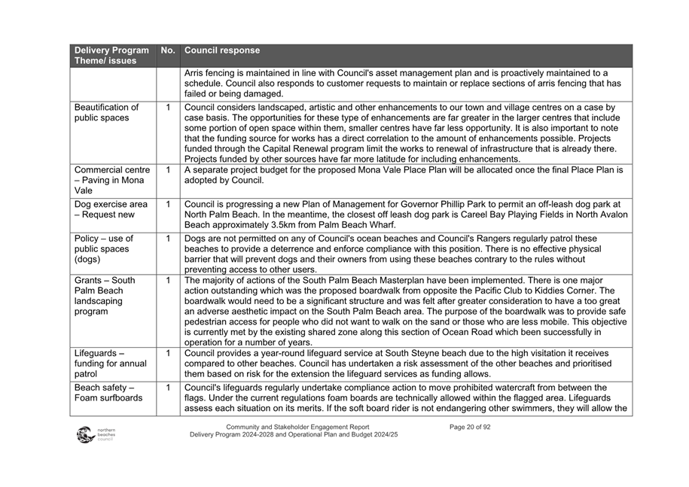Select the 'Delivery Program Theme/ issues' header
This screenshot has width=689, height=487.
coord(111,56)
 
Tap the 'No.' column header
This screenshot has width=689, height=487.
coord(168,51)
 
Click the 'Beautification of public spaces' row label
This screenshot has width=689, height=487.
coord(107,113)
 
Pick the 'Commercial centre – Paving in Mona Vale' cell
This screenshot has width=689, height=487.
coord(111,181)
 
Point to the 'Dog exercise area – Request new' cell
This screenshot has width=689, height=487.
coord(111,209)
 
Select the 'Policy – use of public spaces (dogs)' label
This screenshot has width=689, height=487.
coord(102,249)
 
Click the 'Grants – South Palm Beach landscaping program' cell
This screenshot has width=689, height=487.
coord(103,296)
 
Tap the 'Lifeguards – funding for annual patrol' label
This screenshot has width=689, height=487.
coord(110,364)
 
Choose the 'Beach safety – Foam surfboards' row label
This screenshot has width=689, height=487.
coord(108,392)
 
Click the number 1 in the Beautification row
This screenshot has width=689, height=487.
coord(168,108)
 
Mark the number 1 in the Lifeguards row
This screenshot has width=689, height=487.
coord(168,353)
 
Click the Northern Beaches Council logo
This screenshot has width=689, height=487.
coord(94,435)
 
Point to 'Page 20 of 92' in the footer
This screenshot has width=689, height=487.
coord(470,428)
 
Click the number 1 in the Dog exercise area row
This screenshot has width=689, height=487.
coord(168,204)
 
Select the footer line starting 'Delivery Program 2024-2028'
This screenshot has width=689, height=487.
coord(294,436)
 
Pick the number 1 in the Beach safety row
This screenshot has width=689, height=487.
coord(168,387)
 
